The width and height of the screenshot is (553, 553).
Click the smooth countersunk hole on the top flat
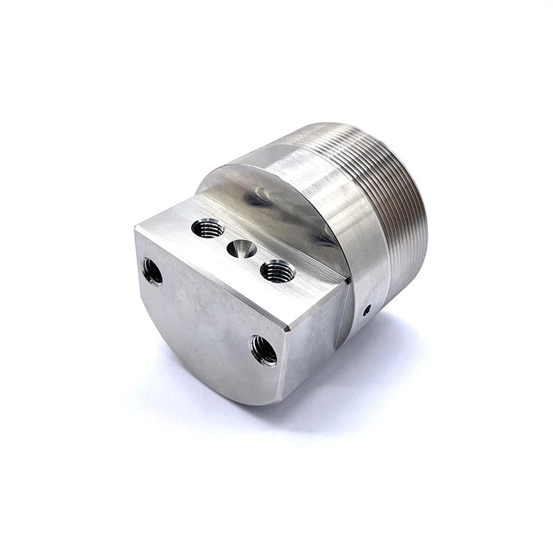click(x=243, y=248)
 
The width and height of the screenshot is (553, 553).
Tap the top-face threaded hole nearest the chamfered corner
click(x=278, y=270)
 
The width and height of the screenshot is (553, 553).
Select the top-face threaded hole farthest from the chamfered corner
click(x=207, y=227)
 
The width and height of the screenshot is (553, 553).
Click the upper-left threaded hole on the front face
click(x=152, y=272)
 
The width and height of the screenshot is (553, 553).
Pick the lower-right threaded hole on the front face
click(x=264, y=350)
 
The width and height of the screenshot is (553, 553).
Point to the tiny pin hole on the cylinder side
click(x=366, y=309)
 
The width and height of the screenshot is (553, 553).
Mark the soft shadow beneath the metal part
click(x=359, y=373)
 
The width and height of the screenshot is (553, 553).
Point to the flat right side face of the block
click(x=315, y=339)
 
